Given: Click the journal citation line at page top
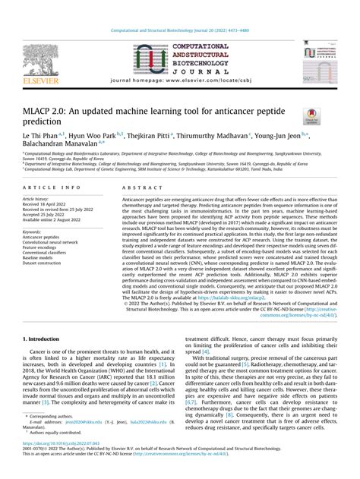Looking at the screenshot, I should [x=179, y=30].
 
